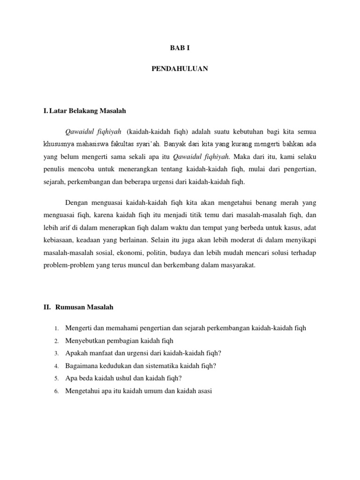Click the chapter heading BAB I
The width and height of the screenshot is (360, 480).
[180, 47]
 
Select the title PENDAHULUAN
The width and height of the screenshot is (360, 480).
[180, 69]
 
